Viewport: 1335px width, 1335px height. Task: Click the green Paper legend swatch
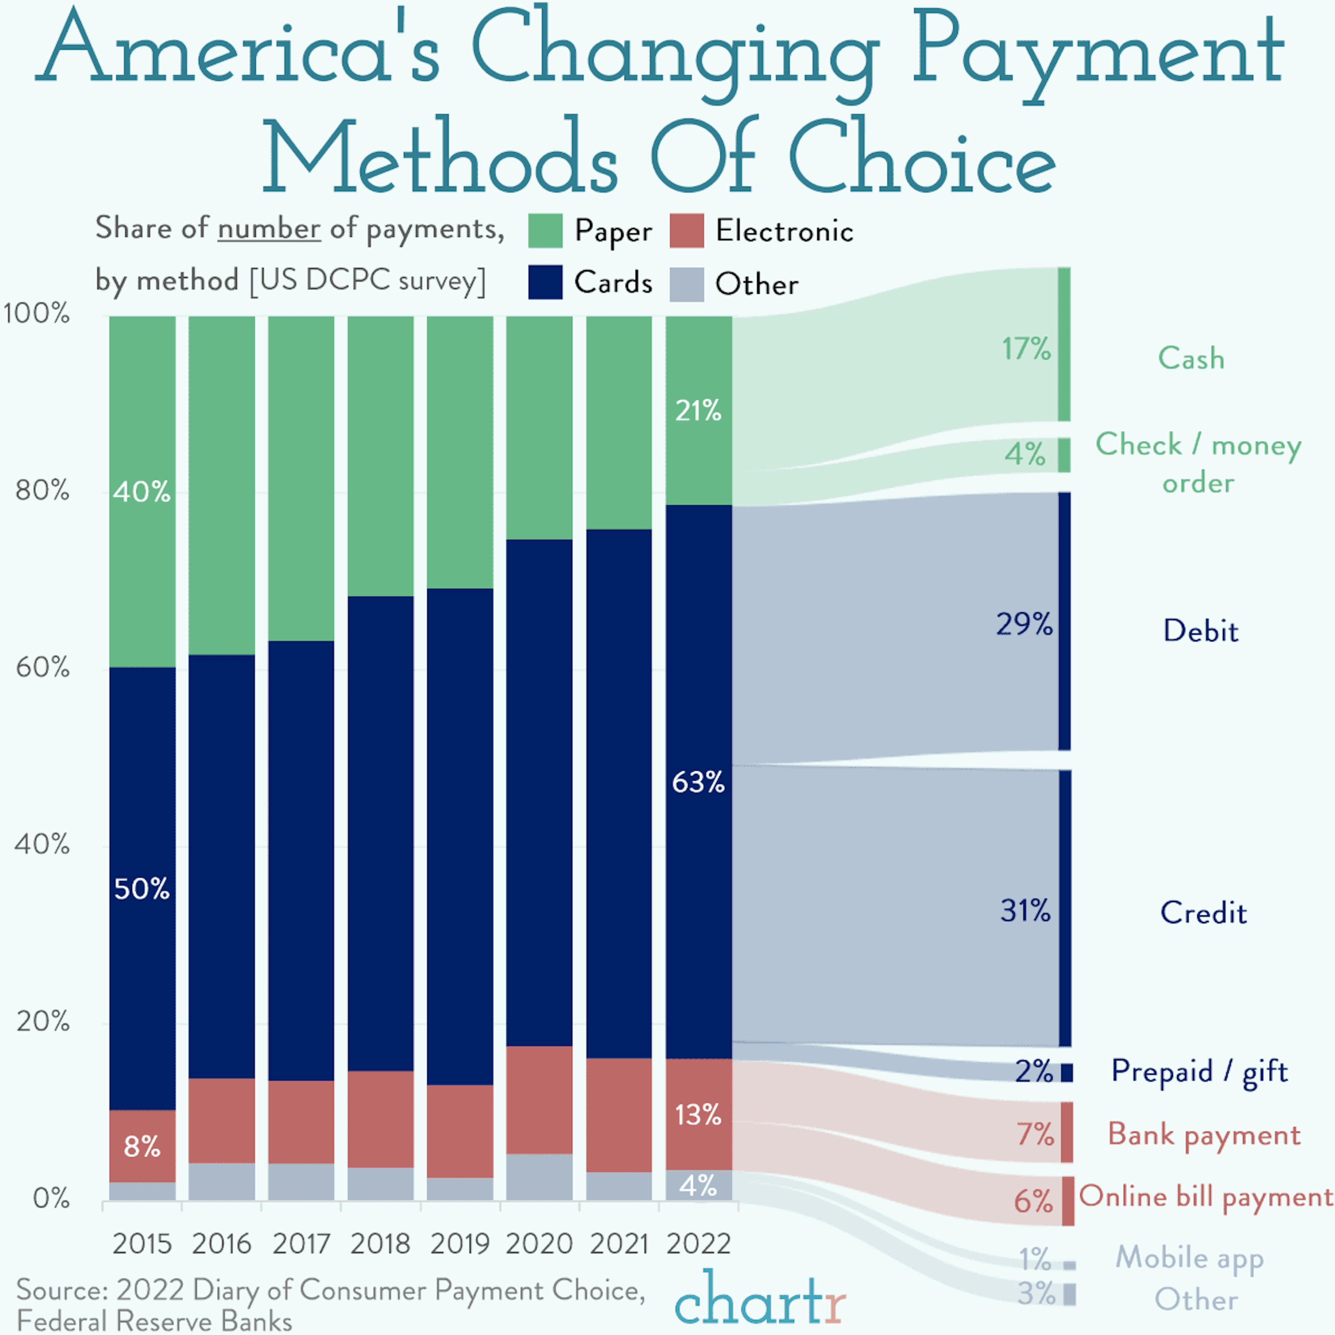(x=545, y=231)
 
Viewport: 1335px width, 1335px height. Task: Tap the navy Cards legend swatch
(x=545, y=283)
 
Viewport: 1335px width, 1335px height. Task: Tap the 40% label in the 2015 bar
(x=141, y=492)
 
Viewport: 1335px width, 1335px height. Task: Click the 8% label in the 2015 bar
(x=141, y=1147)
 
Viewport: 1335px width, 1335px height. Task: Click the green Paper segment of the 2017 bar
(x=301, y=477)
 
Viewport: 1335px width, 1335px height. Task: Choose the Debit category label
(x=1200, y=631)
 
